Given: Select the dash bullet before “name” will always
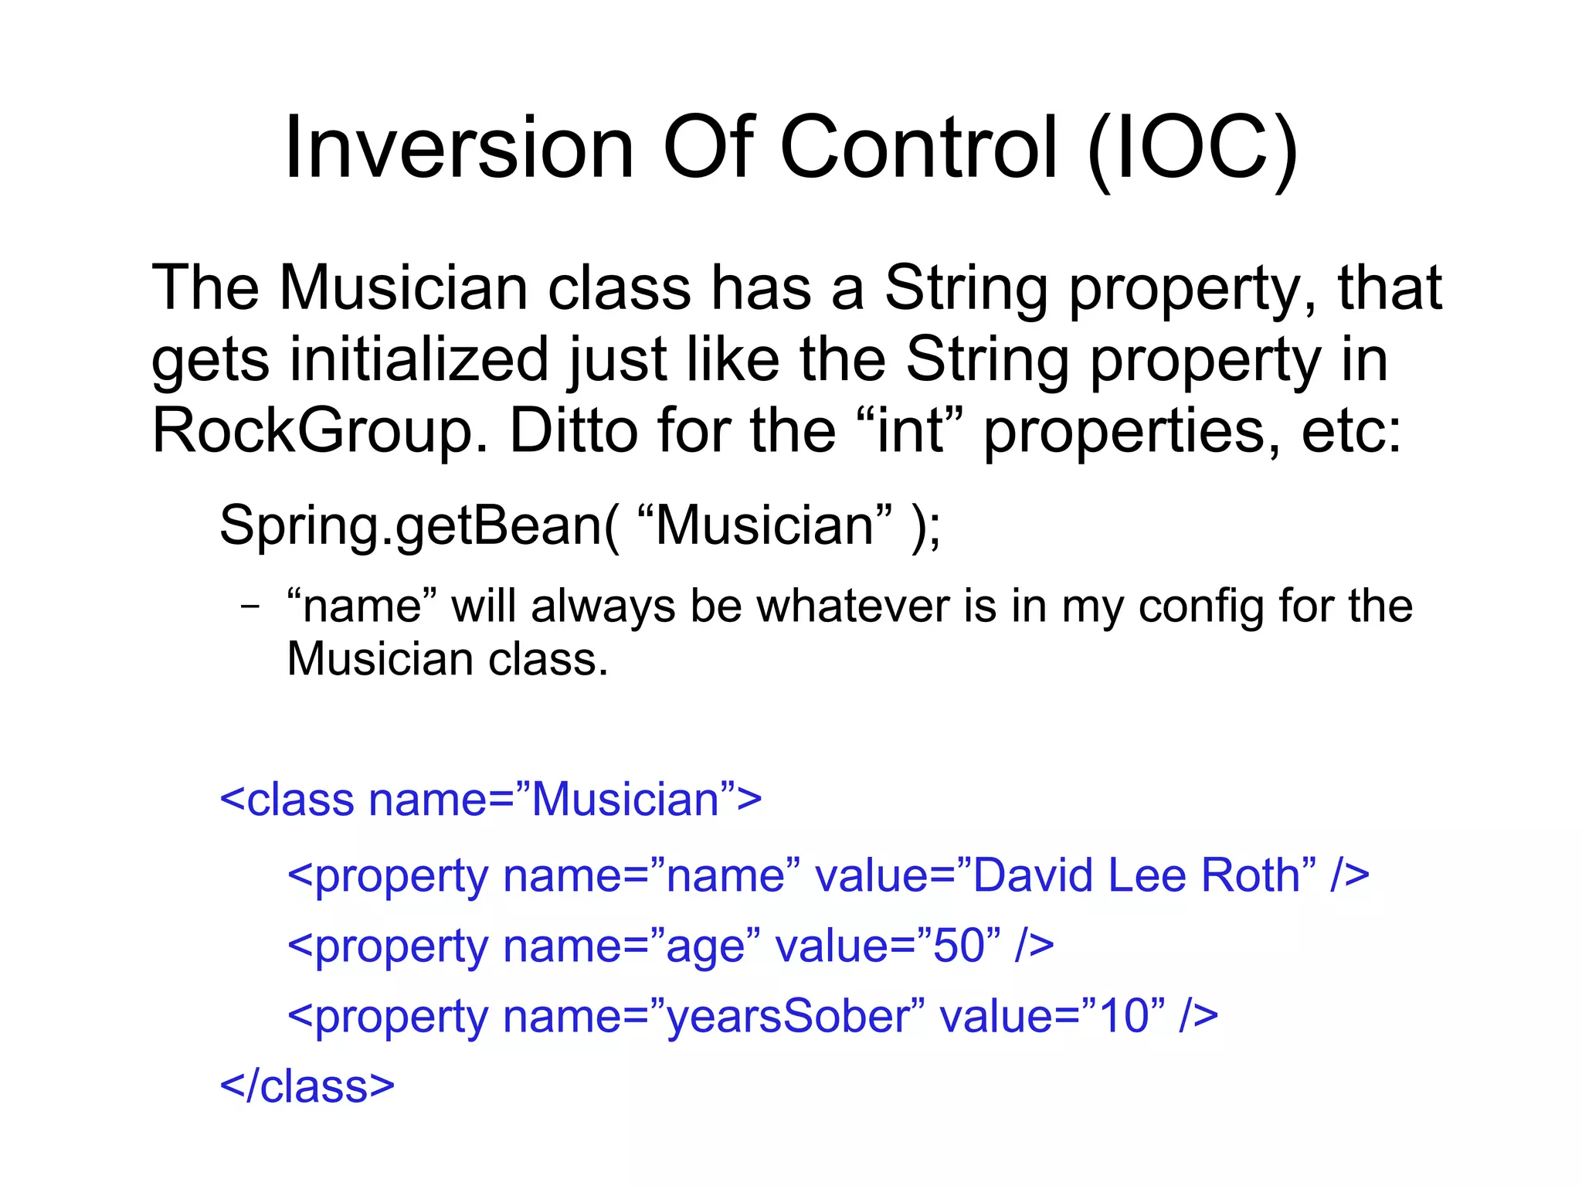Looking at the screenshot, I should click(x=250, y=607).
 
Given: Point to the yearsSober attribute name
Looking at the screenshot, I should click(x=788, y=1016).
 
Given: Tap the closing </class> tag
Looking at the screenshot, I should click(x=307, y=1086).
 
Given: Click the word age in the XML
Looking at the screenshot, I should click(x=705, y=947).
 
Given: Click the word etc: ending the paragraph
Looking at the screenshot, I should click(x=1351, y=431).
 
